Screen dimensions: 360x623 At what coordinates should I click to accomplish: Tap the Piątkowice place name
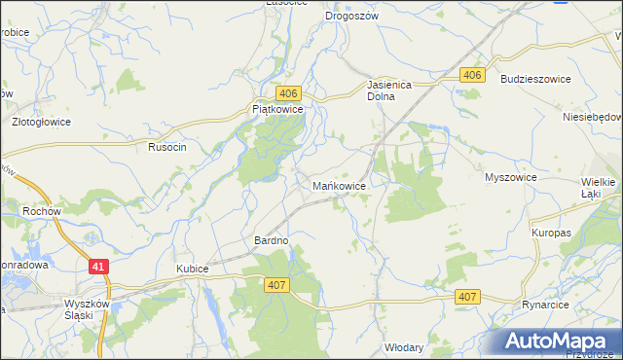tap(278, 111)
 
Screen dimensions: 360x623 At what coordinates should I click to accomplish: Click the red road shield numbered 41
tap(97, 265)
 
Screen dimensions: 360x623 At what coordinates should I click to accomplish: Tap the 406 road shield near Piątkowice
tap(287, 92)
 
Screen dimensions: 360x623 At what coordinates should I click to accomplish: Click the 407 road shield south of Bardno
tap(276, 283)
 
